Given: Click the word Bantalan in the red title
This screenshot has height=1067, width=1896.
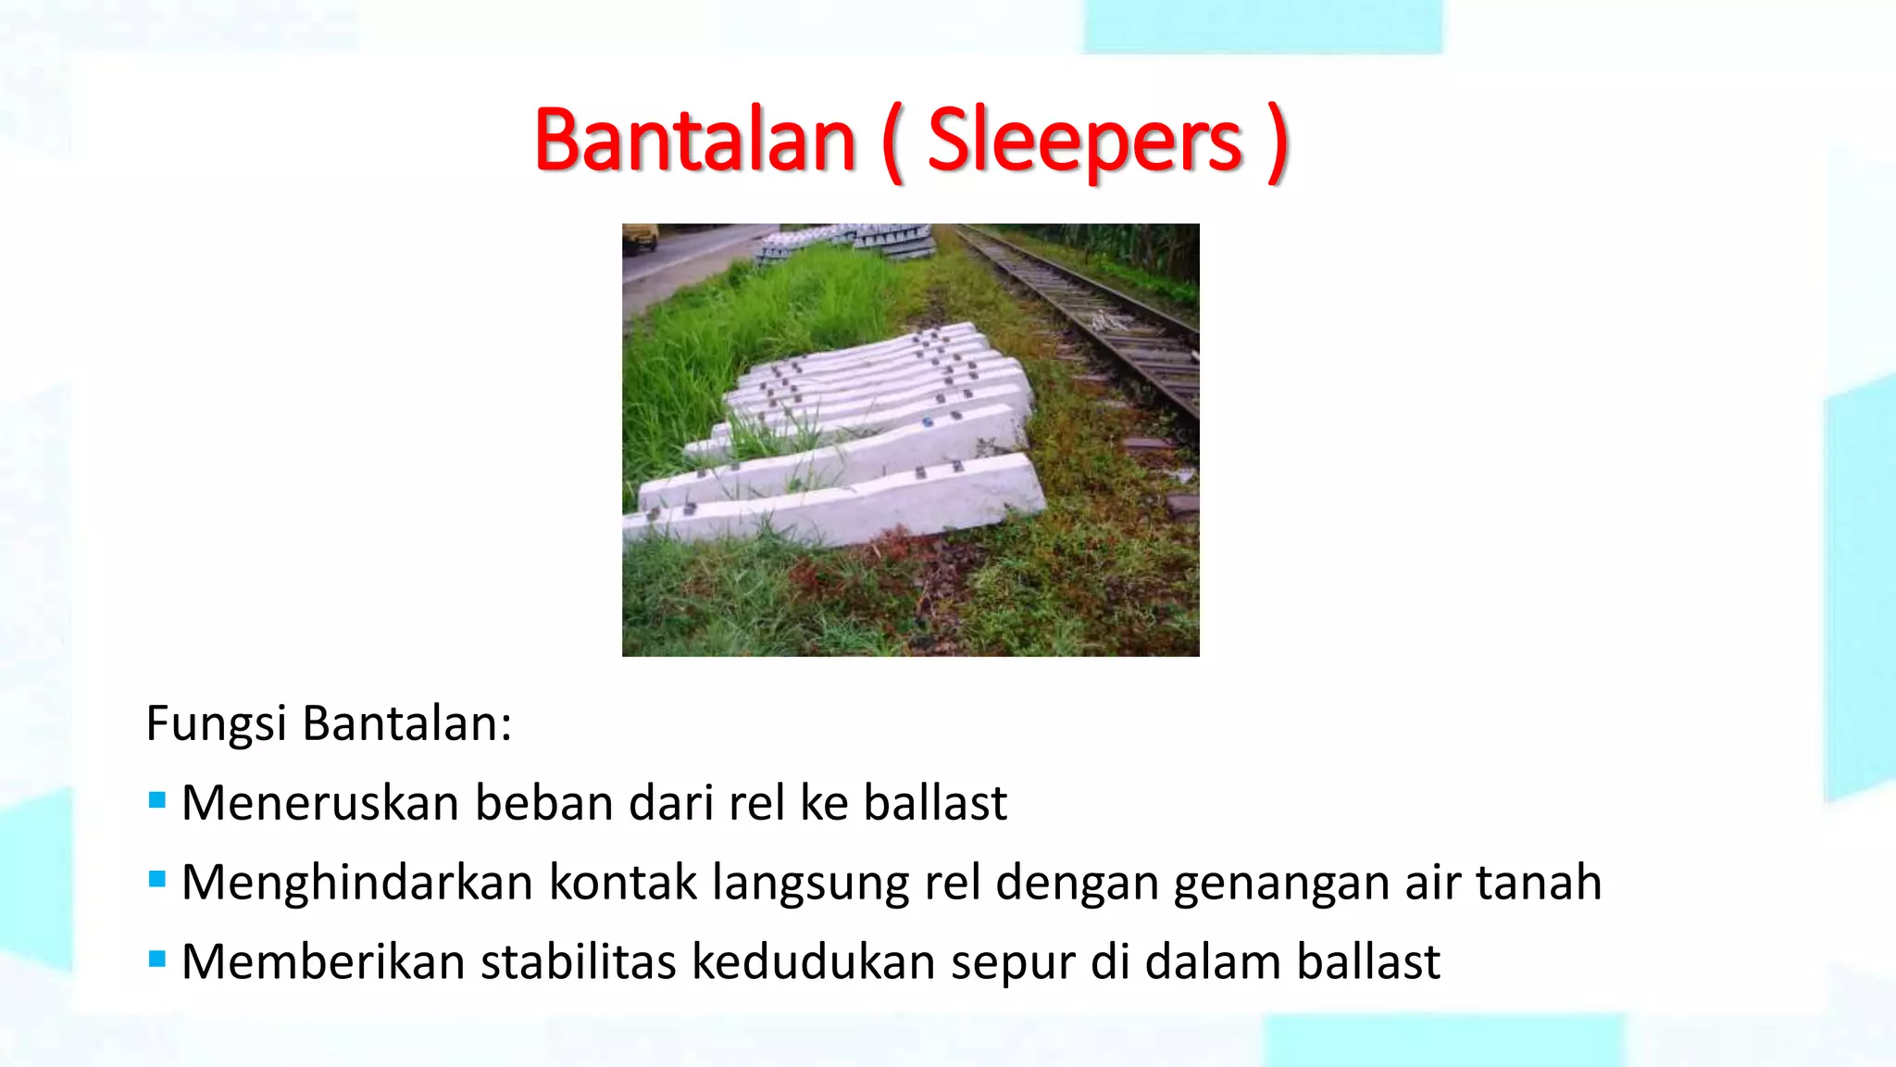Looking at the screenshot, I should click(x=694, y=141).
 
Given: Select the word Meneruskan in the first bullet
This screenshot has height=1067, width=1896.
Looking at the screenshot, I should click(x=320, y=803).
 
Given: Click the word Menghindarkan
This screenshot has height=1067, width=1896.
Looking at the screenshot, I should click(x=357, y=883).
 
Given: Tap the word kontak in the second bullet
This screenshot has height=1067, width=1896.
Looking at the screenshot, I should click(x=622, y=883).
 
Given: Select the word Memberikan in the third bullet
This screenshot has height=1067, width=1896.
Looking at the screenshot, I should click(x=323, y=962).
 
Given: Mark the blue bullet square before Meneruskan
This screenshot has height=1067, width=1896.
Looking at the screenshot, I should click(x=157, y=799).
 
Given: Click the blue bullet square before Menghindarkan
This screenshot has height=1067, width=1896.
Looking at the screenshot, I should click(x=157, y=879).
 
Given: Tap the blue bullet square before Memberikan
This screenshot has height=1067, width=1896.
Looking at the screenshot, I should click(x=157, y=959).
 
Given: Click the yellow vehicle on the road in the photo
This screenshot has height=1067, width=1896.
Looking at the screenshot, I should click(x=640, y=237).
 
